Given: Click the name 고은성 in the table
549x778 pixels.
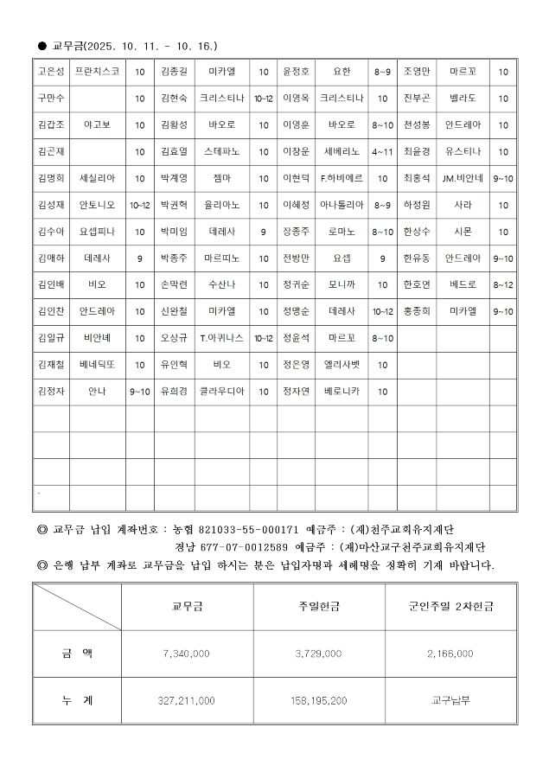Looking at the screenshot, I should click(52, 72).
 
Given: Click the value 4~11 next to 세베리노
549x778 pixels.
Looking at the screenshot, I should click(381, 151).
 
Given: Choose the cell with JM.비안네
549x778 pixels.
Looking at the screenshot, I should click(463, 178).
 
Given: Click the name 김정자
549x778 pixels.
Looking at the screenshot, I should click(52, 391).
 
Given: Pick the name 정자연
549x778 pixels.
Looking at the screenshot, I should click(296, 391).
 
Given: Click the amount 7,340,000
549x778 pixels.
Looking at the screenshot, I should click(186, 654).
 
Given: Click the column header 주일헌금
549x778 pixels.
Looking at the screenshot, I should click(318, 607).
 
